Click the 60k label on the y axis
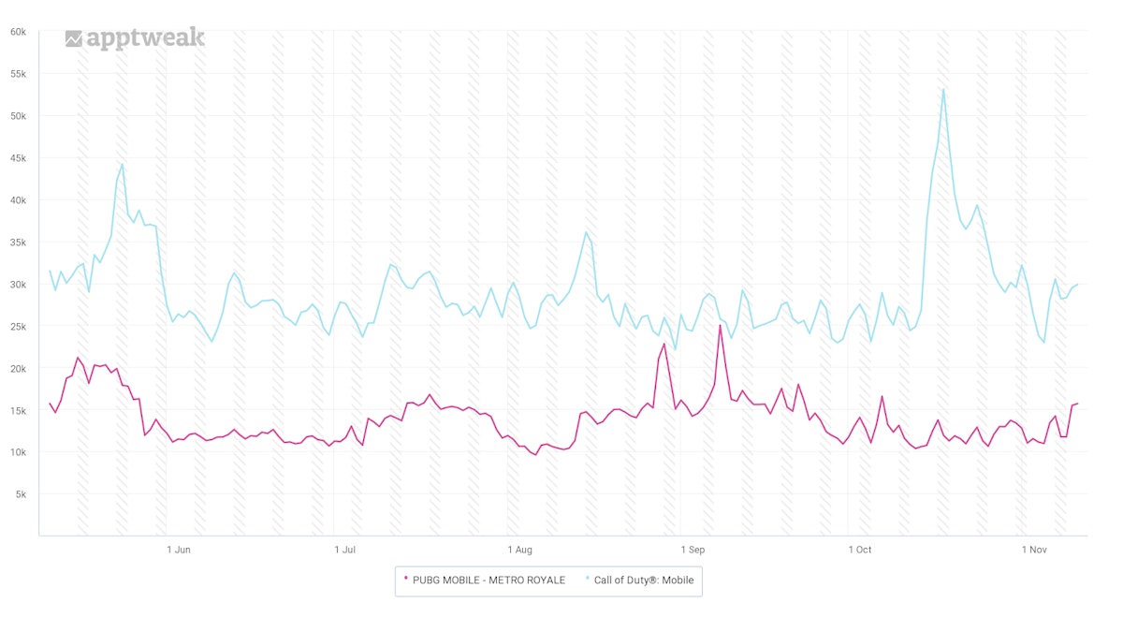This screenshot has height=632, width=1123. click(18, 32)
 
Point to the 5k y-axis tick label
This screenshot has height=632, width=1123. click(21, 494)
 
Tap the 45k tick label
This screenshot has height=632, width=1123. click(18, 158)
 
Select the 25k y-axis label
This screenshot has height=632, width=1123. click(18, 326)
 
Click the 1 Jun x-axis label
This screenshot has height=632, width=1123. click(178, 550)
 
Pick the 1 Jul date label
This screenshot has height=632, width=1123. click(345, 550)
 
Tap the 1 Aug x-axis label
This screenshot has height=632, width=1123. click(519, 550)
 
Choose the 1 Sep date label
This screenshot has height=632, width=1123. click(693, 550)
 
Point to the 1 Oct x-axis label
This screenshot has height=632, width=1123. click(860, 550)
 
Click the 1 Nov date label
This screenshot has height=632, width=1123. click(1033, 550)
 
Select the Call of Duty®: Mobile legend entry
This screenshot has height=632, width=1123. click(644, 580)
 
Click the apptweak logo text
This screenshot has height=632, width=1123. click(145, 38)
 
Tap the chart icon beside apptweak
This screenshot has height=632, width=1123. click(74, 38)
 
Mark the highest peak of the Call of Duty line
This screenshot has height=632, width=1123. click(943, 90)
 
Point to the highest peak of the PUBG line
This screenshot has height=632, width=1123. click(720, 326)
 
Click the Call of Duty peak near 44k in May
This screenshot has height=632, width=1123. click(122, 165)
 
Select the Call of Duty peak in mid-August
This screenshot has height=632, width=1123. click(586, 232)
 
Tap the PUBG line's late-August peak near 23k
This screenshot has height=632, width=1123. click(664, 344)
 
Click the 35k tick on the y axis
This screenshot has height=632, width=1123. click(18, 243)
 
